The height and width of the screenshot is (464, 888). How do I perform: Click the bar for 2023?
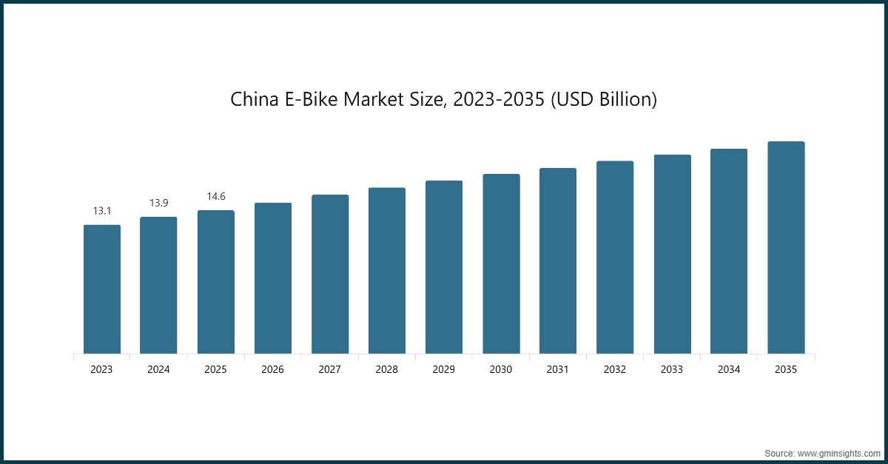tap(101, 289)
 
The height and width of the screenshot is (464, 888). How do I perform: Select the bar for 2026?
tap(273, 278)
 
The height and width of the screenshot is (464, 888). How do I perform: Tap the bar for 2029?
tap(444, 267)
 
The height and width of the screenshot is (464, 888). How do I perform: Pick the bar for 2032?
tap(615, 258)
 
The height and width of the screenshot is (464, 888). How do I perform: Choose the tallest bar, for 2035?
tap(786, 248)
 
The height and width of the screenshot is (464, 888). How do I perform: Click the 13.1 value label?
tap(101, 211)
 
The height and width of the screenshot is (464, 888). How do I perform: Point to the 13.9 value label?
tap(158, 203)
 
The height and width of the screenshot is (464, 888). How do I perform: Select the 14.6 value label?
tap(215, 196)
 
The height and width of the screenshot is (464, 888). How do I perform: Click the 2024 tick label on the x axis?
tap(158, 369)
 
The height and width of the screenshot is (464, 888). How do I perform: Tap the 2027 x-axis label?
tap(330, 369)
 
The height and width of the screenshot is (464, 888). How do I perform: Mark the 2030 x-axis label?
tap(501, 369)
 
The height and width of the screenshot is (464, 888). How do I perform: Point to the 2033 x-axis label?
tap(672, 369)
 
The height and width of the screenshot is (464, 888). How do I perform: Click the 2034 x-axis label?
tap(729, 369)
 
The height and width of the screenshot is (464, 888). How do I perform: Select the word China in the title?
tap(255, 100)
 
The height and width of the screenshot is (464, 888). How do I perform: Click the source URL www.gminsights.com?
tap(838, 452)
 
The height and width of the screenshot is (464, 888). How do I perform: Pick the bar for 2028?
tap(387, 271)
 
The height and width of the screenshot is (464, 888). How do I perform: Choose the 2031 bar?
tap(558, 261)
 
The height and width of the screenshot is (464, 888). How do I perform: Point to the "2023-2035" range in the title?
tap(497, 100)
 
